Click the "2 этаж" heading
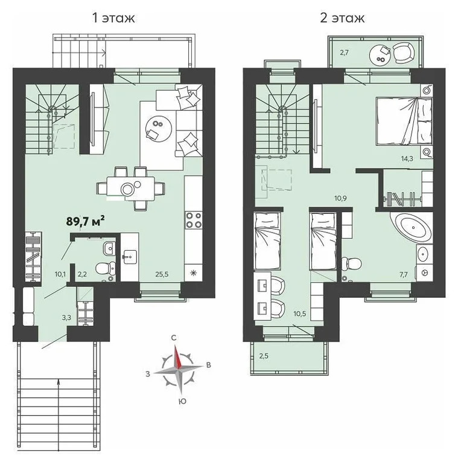click(342, 18)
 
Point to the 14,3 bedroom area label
click(424, 159)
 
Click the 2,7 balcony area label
click(344, 53)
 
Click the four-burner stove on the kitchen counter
click(194, 221)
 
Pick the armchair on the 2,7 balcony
click(402, 54)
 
